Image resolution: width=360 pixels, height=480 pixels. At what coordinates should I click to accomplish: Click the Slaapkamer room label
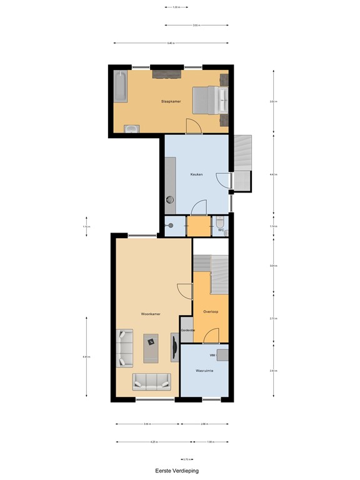(171, 101)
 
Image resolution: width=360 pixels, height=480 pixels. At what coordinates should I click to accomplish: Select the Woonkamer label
(151, 314)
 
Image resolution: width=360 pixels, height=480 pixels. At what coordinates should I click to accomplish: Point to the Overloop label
(211, 311)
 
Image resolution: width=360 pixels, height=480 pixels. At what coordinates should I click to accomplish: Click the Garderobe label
(187, 331)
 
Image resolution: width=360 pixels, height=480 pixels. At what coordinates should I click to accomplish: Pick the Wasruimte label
(204, 371)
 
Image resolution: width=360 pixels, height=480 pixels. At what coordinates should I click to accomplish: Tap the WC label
(221, 230)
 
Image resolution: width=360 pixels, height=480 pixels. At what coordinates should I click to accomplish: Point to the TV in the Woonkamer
(174, 346)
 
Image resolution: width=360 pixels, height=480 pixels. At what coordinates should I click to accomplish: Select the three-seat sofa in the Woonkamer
(151, 381)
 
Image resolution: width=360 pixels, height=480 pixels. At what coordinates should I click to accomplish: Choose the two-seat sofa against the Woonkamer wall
(124, 347)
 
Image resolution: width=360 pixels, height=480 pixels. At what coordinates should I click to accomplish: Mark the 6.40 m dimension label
(171, 43)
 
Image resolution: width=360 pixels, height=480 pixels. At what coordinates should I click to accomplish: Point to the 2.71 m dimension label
(272, 319)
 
